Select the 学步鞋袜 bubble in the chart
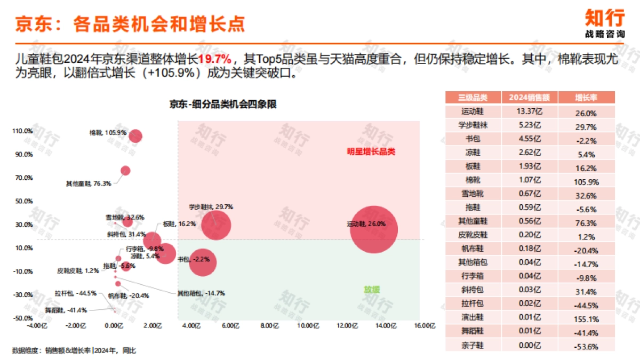click(216, 225)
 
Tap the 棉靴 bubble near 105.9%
click(135, 137)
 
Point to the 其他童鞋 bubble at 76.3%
click(125, 171)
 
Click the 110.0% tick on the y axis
click(22, 131)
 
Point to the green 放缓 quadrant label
click(372, 290)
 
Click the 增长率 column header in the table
click(586, 98)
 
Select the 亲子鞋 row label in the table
click(473, 346)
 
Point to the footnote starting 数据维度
click(74, 350)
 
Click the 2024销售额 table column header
click(529, 98)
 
